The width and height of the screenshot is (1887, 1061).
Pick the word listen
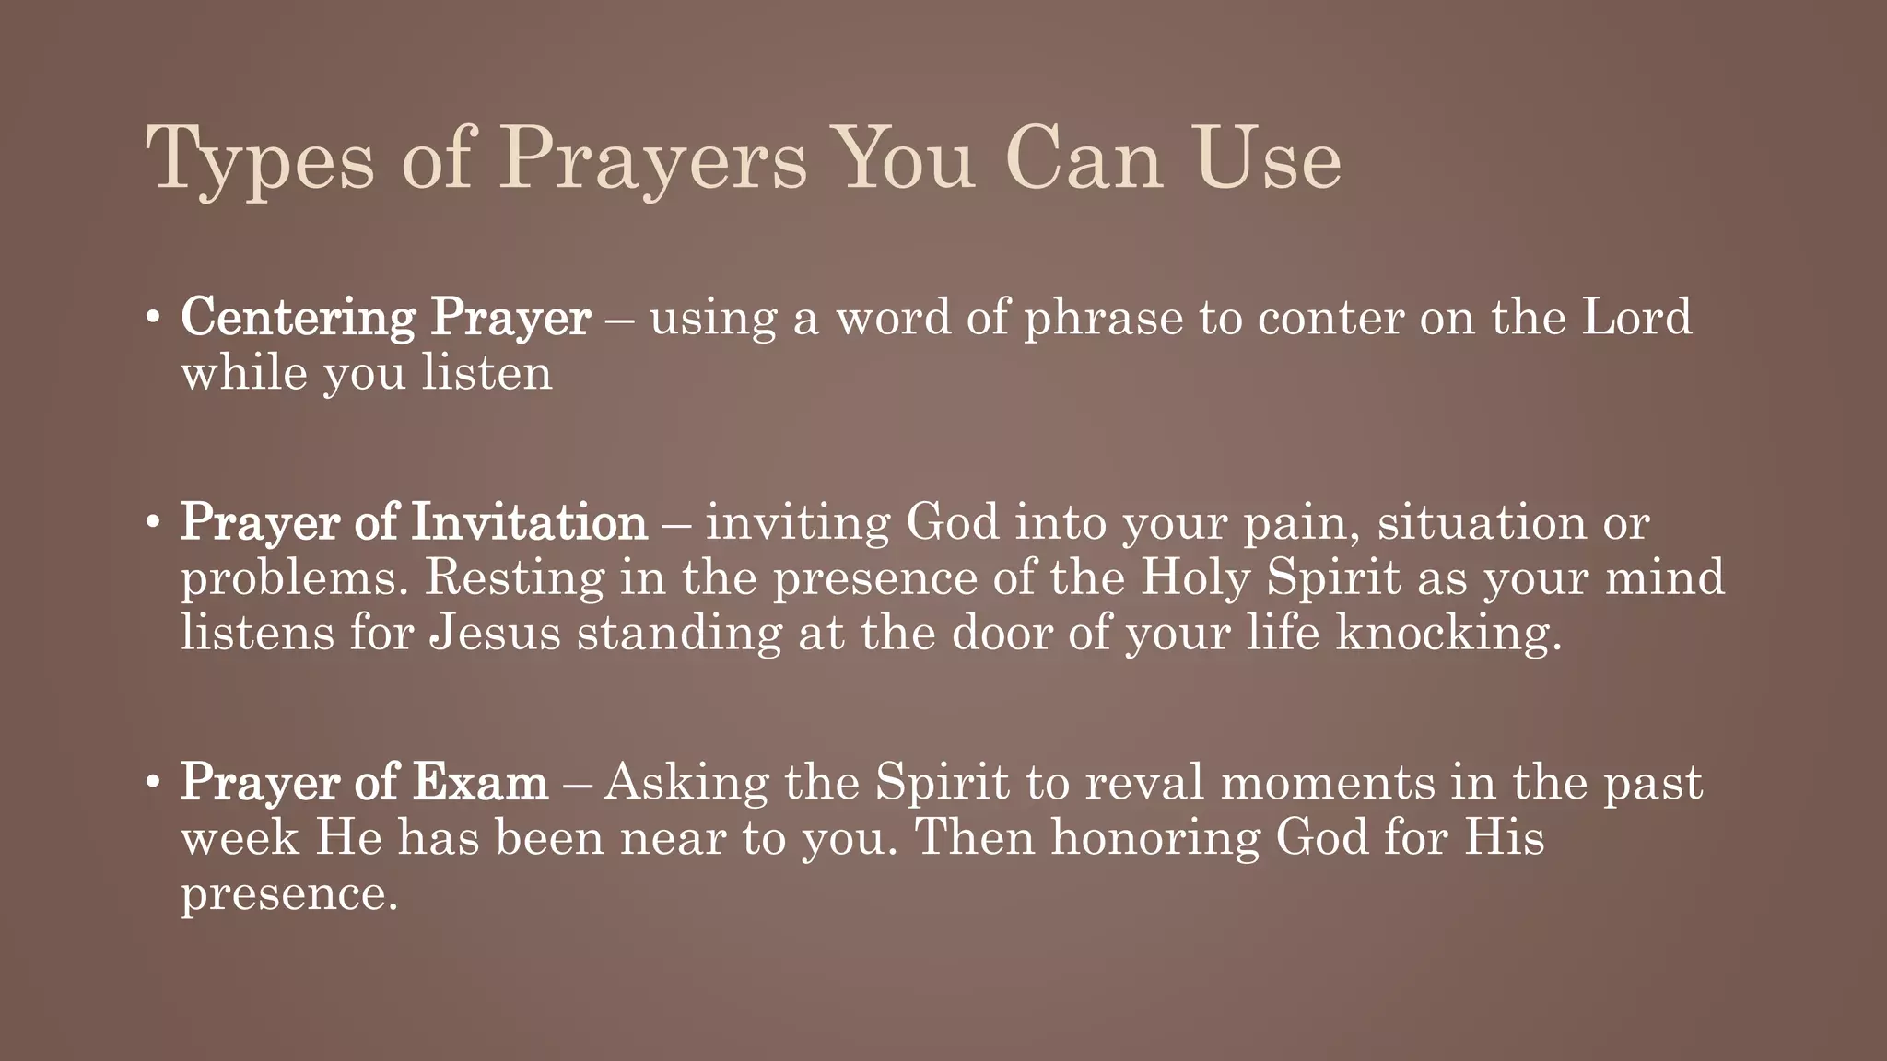click(487, 373)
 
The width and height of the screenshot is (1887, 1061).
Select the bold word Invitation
click(529, 522)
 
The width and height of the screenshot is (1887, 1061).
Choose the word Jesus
click(495, 634)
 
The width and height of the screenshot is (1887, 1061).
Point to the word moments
click(1328, 783)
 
